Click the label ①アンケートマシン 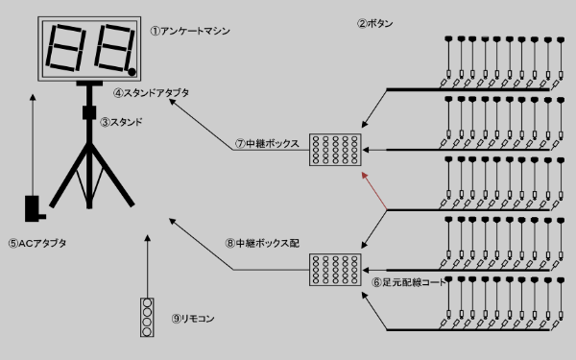click(190, 31)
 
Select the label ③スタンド click(121, 122)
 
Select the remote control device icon click(146, 317)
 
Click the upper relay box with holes click(334, 149)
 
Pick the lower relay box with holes click(334, 272)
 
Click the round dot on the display click(131, 69)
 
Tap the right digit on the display click(112, 48)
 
